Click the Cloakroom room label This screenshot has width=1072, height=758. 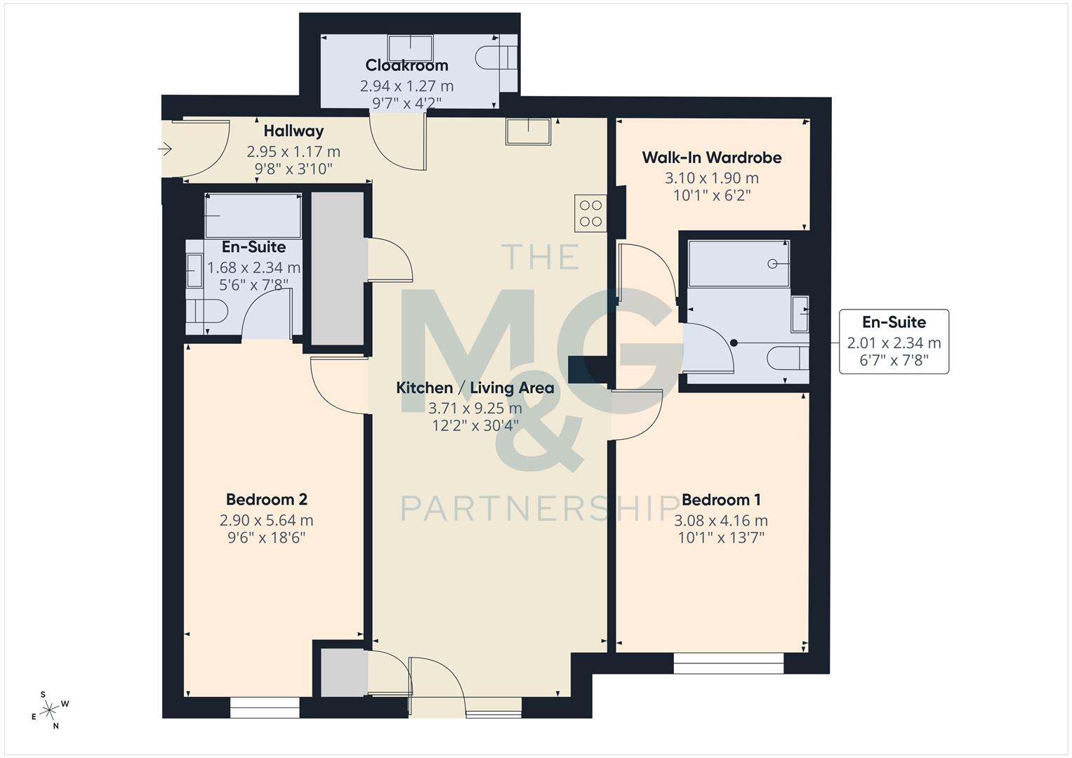pos(406,65)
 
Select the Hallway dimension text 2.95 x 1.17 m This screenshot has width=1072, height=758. pos(293,151)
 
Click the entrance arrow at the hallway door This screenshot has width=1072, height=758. pos(166,149)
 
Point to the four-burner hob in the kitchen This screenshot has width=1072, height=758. pos(590,213)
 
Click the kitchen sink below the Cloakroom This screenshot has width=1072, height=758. pos(528,132)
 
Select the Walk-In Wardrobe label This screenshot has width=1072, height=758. pos(711,157)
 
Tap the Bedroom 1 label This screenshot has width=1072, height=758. pos(721,500)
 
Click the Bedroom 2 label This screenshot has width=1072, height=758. pos(266,500)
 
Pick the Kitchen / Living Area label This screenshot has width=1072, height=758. pos(475,387)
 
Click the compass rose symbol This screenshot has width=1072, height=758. pos(50,710)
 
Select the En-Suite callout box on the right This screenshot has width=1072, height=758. pos(894,342)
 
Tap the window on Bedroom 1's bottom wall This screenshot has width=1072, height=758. pos(728,663)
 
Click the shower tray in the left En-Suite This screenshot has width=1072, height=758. pos(253,216)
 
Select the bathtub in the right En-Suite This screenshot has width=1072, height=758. pos(739,264)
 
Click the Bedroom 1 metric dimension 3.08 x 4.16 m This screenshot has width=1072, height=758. pos(721,521)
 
